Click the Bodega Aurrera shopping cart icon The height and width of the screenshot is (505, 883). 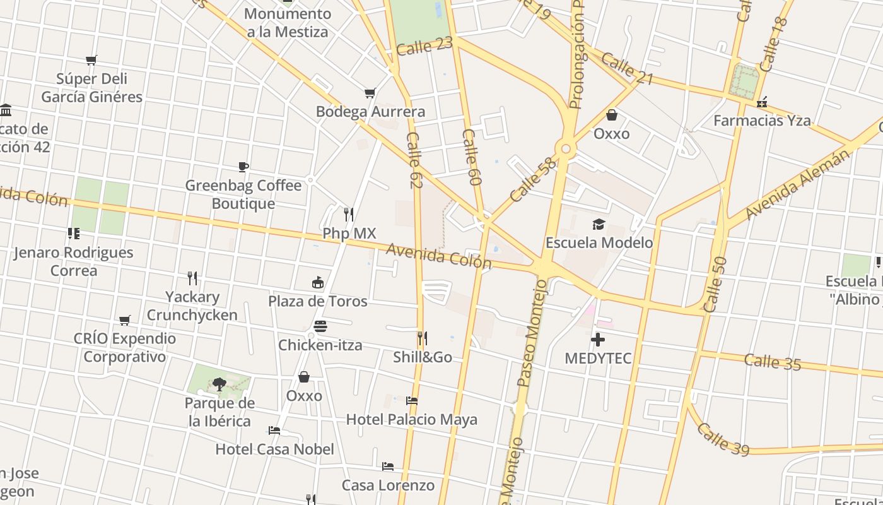(x=370, y=93)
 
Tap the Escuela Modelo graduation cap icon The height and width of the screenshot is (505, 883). (x=599, y=224)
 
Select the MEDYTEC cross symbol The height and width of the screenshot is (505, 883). (x=597, y=340)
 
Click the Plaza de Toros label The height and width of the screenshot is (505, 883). (x=318, y=301)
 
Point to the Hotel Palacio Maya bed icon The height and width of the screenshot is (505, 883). (x=412, y=400)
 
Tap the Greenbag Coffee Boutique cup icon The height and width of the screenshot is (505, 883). (x=243, y=167)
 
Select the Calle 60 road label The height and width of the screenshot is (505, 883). (x=472, y=157)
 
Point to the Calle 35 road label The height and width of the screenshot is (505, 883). (x=773, y=362)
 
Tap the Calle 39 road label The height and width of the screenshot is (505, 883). (x=723, y=439)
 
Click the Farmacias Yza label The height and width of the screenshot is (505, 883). (x=762, y=121)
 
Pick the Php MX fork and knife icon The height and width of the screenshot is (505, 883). (x=349, y=215)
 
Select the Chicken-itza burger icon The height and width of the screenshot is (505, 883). (x=320, y=326)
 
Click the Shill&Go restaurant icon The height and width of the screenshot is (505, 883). (x=422, y=338)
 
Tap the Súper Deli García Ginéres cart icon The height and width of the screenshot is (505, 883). (x=91, y=61)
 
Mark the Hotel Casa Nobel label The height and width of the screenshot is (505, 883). (x=275, y=449)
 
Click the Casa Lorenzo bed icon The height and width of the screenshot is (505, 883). (x=388, y=466)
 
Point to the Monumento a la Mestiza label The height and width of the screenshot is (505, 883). (x=288, y=23)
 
